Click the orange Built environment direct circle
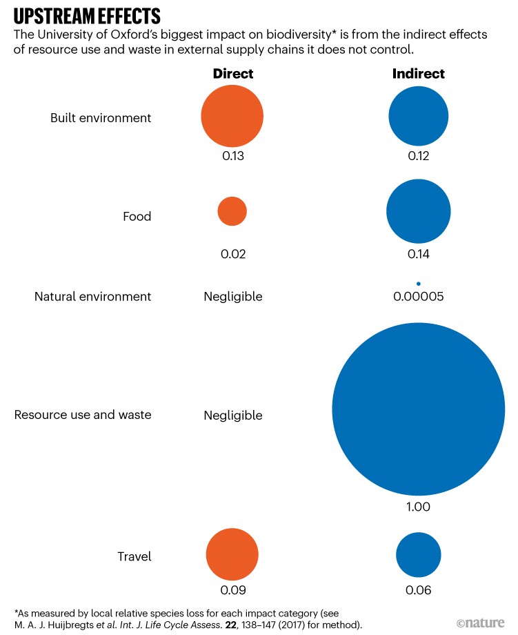point(232,116)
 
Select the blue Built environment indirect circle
point(419,116)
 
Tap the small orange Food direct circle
point(232,211)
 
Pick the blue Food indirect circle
point(419,211)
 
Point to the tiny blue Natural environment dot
point(419,283)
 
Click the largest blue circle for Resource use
point(419,409)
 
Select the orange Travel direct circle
point(232,554)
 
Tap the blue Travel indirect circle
point(419,554)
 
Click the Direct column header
point(233,74)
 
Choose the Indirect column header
point(419,74)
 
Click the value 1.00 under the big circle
point(419,507)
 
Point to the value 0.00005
point(419,297)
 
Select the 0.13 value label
point(233,156)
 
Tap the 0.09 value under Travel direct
point(233,591)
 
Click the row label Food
point(137,217)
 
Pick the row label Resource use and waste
point(83,416)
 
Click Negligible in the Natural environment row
point(233,297)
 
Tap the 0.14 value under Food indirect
point(419,255)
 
